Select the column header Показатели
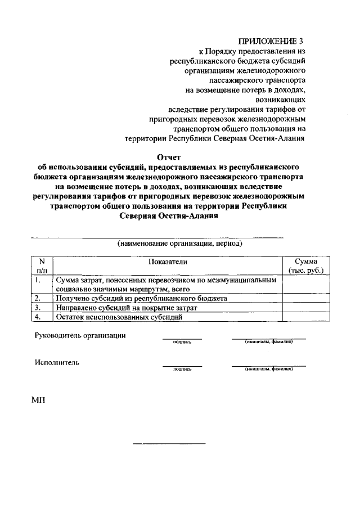tap(168, 262)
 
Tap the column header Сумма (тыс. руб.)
tap(306, 266)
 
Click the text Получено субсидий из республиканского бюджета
tap(141, 298)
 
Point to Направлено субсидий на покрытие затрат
tap(127, 308)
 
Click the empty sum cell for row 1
tap(306, 284)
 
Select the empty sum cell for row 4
tap(306, 317)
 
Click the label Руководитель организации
tap(80, 336)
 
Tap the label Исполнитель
tap(57, 362)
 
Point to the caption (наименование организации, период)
tap(180, 244)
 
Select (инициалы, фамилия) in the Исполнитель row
tap(268, 370)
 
